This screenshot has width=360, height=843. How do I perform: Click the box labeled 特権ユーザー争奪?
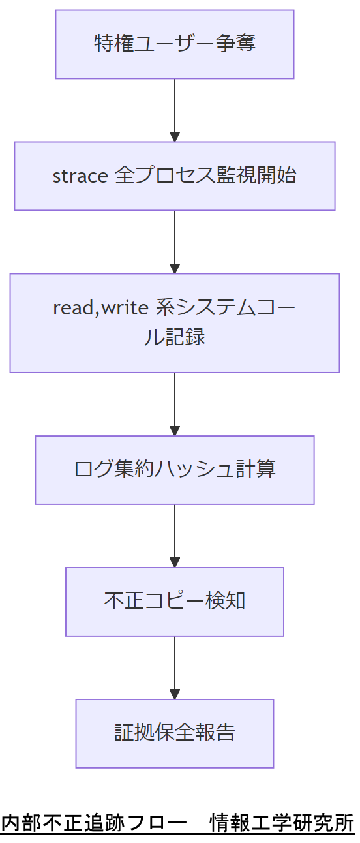pos(174,44)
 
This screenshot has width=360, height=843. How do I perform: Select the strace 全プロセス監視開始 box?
pos(174,176)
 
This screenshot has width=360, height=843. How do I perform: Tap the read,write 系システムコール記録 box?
pos(174,323)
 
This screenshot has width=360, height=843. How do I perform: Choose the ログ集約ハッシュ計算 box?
pos(174,470)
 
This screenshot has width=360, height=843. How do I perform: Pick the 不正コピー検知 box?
pos(174,602)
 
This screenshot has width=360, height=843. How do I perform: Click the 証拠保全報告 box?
pos(174,733)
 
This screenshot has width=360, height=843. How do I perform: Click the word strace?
pos(80,176)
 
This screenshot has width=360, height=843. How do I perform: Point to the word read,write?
pos(101,308)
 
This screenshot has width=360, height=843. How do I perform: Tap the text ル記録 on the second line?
pos(174,337)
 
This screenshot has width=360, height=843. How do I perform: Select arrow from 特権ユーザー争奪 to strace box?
pos(174,108)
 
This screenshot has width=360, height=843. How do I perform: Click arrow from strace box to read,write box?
pos(174,239)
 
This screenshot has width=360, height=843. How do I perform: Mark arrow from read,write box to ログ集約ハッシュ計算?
pos(174,401)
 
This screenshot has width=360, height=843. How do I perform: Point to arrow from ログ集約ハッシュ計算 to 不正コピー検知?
pos(174,534)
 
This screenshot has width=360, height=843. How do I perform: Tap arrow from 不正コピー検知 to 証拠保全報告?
pos(174,666)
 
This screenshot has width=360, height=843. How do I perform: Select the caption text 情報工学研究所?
pos(282,823)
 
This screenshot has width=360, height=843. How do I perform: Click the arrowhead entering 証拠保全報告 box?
pos(174,694)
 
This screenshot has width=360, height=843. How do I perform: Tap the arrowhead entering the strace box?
pos(174,137)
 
